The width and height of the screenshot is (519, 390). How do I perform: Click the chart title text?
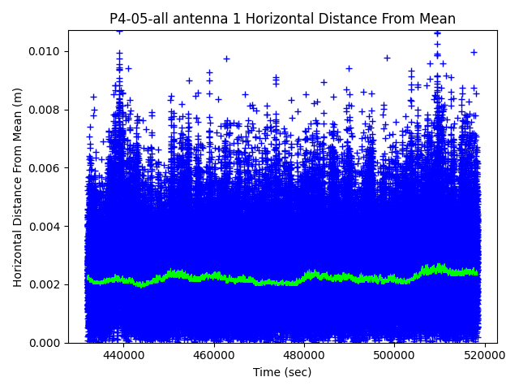click(x=282, y=19)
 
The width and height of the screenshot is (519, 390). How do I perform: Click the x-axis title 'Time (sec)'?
click(x=282, y=372)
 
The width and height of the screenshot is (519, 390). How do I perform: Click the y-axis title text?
click(x=18, y=187)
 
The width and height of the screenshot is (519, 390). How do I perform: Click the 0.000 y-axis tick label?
click(x=46, y=343)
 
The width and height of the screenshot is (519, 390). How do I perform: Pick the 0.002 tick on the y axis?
click(x=46, y=284)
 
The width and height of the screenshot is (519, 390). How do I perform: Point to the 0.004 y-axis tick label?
click(x=46, y=227)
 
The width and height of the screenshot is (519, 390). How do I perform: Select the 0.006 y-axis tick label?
click(x=46, y=168)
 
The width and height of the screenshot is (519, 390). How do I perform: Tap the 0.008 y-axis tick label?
click(x=46, y=110)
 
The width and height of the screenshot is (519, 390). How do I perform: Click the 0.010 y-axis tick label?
click(x=46, y=52)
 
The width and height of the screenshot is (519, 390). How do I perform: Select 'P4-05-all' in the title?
click(x=139, y=19)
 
